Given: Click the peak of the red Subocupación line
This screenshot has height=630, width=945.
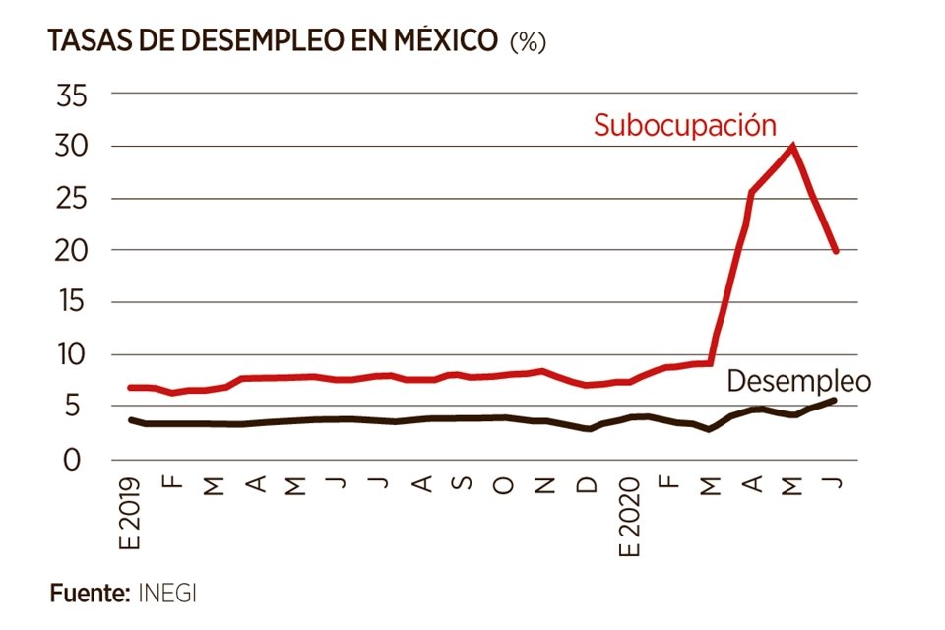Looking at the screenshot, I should [x=792, y=147].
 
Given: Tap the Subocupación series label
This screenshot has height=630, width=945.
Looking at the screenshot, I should [x=685, y=125].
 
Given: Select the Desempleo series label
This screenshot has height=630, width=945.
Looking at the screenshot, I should [x=799, y=381].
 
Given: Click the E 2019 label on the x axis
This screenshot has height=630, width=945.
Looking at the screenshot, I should [x=132, y=514].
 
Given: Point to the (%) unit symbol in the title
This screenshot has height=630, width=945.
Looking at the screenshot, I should [x=528, y=42].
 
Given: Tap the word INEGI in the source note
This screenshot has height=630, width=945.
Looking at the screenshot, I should [x=172, y=594].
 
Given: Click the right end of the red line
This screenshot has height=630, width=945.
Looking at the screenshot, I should [x=837, y=251].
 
